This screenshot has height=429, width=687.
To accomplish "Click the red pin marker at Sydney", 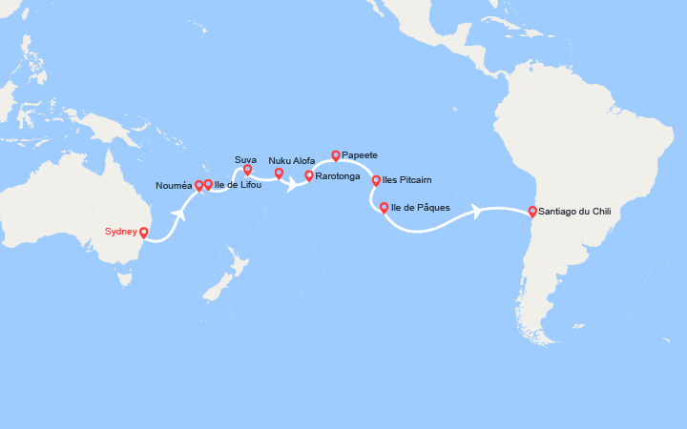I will pyautogui.click(x=143, y=232).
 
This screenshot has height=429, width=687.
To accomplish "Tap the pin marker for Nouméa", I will pyautogui.click(x=198, y=186).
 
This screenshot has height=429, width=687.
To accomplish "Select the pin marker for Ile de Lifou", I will pyautogui.click(x=208, y=184).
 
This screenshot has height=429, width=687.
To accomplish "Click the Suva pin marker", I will pyautogui.click(x=247, y=170).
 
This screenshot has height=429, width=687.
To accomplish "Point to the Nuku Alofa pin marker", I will pyautogui.click(x=279, y=174).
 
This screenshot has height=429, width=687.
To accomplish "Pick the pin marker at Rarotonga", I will pyautogui.click(x=308, y=175).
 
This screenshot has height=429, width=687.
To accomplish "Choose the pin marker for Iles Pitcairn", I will pyautogui.click(x=376, y=179).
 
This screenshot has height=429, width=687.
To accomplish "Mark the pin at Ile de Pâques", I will pyautogui.click(x=384, y=207).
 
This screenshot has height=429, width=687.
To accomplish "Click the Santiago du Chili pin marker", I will pyautogui.click(x=531, y=211).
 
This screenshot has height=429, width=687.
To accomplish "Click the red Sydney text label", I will pyautogui.click(x=121, y=231).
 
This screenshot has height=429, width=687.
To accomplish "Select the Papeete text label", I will pyautogui.click(x=360, y=154).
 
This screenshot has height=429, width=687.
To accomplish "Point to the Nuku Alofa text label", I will pyautogui.click(x=292, y=160).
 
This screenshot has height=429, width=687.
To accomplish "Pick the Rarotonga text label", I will pyautogui.click(x=339, y=176).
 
